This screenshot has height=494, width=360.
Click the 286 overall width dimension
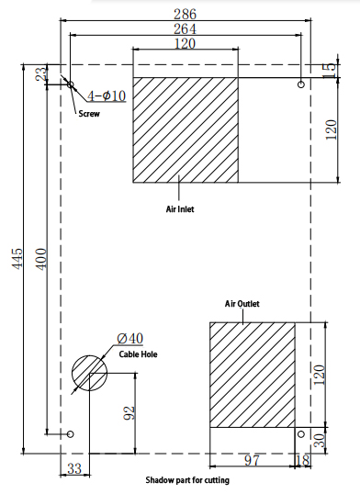(x=185, y=14)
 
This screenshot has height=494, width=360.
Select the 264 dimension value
(x=185, y=29)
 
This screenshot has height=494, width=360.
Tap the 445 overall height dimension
(x=17, y=259)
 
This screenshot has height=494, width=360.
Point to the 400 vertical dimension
(x=41, y=259)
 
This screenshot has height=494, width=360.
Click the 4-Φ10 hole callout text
(x=107, y=95)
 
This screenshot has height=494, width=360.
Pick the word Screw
(x=89, y=114)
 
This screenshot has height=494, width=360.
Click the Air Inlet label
(x=180, y=208)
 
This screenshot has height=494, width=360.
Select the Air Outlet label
(x=242, y=304)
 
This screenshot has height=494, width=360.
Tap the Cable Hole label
(x=138, y=354)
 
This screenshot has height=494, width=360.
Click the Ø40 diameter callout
(x=129, y=339)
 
